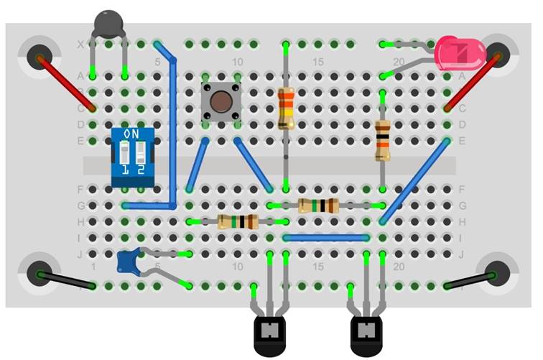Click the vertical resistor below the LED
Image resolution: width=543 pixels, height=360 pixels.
click(382, 140)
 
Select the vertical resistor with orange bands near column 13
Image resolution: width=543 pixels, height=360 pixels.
click(286, 108)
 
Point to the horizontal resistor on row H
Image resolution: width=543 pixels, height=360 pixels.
click(238, 222)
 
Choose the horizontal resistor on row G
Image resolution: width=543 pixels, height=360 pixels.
click(318, 206)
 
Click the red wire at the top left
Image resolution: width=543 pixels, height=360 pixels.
click(66, 82)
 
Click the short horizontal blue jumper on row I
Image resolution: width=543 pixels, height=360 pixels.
click(326, 237)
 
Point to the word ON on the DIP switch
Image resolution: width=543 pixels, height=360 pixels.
click(133, 134)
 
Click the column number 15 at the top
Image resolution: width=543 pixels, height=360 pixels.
click(318, 62)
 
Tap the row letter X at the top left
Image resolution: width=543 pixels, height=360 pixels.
click(80, 45)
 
